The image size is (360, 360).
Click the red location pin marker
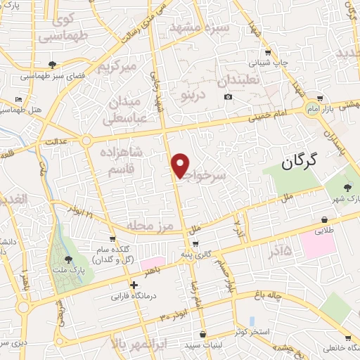[181, 166]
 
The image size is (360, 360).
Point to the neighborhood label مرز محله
[150, 226]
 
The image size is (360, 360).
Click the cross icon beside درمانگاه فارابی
[134, 285]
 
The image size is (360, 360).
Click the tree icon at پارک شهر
[347, 187]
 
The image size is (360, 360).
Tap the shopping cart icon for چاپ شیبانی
[268, 53]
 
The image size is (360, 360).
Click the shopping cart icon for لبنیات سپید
[203, 334]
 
